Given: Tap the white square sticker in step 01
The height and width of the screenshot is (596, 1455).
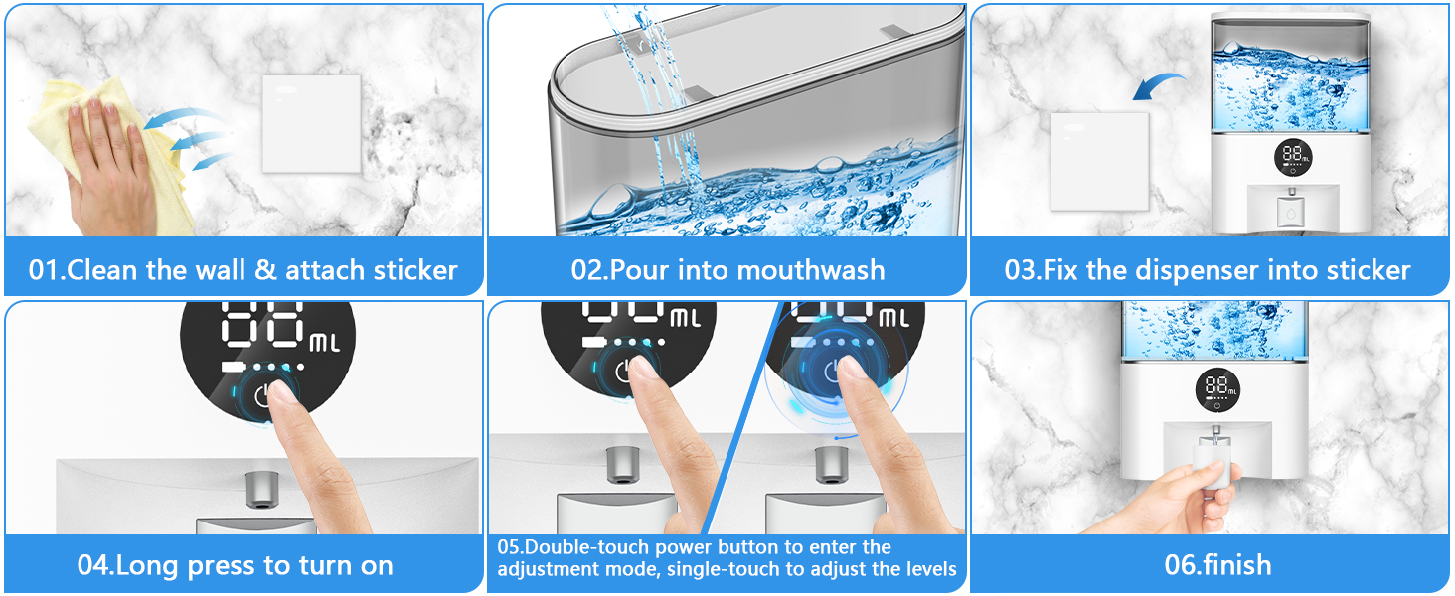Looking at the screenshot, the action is point(312,124).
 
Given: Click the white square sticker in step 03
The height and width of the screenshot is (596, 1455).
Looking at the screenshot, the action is point(1099,162).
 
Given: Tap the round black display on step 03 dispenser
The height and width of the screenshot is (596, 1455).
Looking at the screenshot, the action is point(1293,158).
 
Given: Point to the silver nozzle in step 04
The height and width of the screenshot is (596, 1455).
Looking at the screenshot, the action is point(262,490).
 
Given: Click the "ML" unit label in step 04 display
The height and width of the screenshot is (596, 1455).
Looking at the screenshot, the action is point(325,343).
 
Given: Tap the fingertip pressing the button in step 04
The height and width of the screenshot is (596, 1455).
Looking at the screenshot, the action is point(280,393).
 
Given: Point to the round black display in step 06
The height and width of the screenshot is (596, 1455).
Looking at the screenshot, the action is point(1217,390).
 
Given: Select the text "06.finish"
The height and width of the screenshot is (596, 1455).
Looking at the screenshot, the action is point(1217,565).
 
